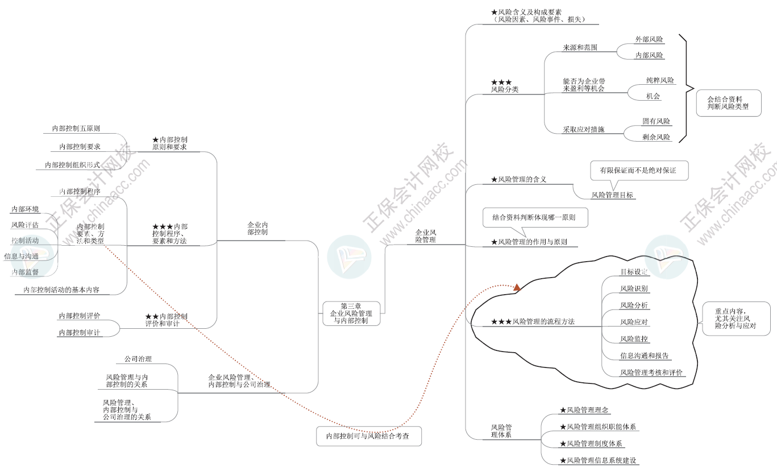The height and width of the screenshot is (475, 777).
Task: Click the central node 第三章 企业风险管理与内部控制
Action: (352, 313)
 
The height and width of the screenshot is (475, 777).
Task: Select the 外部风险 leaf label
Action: (649, 39)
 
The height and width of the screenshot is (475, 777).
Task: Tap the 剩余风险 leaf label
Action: (656, 137)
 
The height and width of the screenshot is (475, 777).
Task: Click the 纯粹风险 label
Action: (659, 81)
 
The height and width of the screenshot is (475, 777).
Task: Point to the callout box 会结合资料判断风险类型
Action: (728, 102)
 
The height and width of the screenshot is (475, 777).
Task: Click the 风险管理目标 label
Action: (612, 195)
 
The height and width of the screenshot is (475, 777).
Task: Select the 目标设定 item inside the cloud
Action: (634, 272)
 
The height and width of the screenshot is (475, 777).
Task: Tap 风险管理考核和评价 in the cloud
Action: (651, 373)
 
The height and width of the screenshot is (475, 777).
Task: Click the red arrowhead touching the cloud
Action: (517, 288)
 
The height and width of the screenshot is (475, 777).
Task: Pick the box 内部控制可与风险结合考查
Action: (369, 436)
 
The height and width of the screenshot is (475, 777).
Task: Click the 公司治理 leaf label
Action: (138, 359)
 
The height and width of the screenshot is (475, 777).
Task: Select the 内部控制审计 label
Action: (79, 332)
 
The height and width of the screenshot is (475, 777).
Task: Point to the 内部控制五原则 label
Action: (76, 129)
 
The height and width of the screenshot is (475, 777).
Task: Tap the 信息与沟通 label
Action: (22, 256)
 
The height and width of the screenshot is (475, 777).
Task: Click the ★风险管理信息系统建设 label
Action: (597, 460)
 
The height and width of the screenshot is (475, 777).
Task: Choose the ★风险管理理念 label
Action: (585, 410)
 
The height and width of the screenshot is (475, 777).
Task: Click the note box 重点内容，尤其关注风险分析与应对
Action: (736, 319)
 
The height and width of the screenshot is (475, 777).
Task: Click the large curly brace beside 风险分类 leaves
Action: (686, 88)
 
